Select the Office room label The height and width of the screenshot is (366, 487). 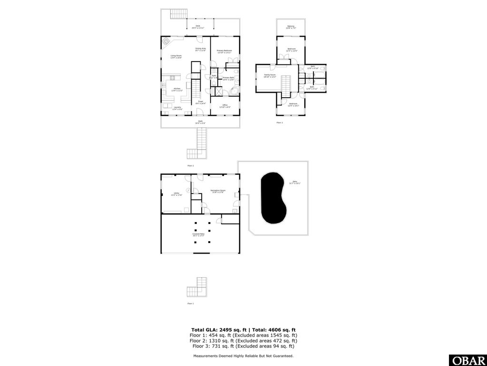(224, 106)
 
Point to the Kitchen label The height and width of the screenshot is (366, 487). (177, 90)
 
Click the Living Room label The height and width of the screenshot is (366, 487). (176, 57)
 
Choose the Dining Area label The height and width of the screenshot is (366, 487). (200, 49)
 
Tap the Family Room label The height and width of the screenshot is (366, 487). (270, 76)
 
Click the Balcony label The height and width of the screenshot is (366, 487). (291, 27)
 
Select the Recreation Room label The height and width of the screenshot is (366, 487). (218, 191)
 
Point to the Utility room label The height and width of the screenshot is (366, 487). (176, 194)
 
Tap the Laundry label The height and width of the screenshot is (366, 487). (177, 108)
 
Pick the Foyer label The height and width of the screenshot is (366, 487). (201, 102)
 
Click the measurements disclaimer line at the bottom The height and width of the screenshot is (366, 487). (243, 356)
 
